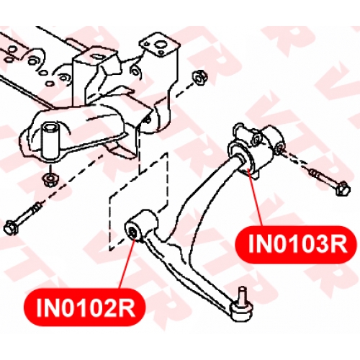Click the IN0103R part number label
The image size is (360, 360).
[x=297, y=244]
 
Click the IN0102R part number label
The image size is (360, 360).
[x=85, y=307]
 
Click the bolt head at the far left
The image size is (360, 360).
[x=9, y=228]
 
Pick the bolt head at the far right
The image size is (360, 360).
[x=342, y=188]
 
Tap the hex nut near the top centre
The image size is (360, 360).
[x=200, y=77]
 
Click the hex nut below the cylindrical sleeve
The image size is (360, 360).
[x=50, y=179]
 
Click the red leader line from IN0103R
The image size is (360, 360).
[x=255, y=197]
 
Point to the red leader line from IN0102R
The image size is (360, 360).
[x=127, y=264]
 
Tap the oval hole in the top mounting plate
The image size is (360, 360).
[x=161, y=45]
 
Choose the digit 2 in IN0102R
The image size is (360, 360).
[x=109, y=307]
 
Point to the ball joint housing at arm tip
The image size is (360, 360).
[x=241, y=312]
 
